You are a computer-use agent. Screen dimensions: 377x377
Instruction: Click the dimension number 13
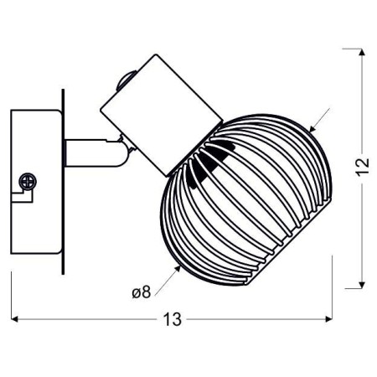coord(173,319)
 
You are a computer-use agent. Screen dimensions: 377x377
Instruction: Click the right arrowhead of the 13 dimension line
coord(328,319)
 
